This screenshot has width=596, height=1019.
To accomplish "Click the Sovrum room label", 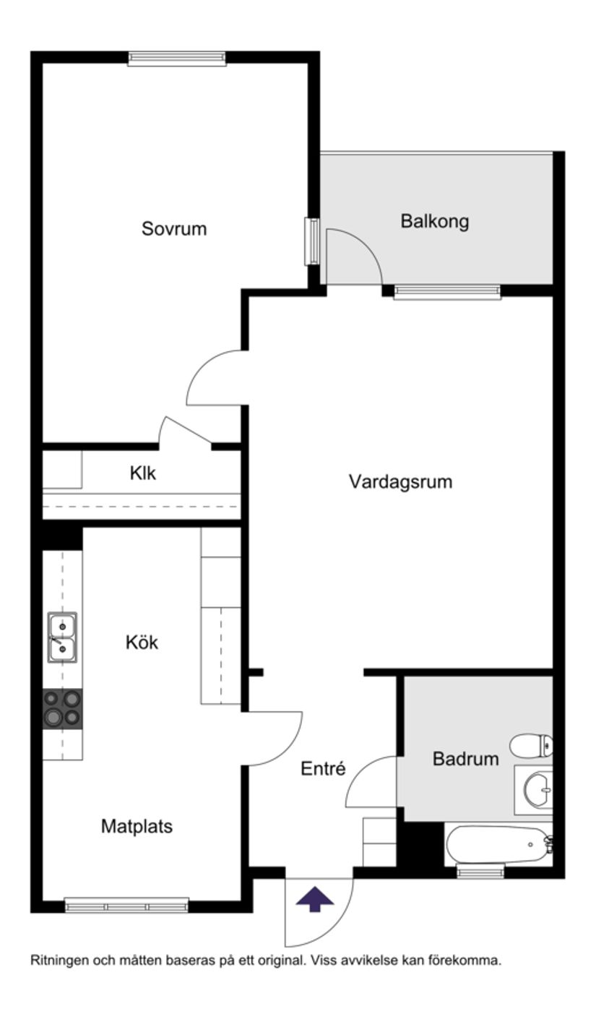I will pos(174,229).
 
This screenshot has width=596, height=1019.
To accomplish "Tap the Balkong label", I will pos(434,221).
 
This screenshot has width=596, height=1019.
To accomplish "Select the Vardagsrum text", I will pos(400,481).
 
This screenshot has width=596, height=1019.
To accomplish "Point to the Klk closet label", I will pos(142,473).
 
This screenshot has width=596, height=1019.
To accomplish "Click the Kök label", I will pos(142,642).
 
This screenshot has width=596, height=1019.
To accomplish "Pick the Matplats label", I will pos(137,826).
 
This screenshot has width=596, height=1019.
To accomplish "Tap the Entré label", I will pos(323,769).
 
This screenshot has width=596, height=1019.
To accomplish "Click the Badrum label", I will pos(465,759).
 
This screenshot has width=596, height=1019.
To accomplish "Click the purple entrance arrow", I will pos(315,899).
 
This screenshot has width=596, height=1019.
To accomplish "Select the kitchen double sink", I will pos(62,637).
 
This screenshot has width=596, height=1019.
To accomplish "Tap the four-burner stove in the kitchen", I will pos(62,708).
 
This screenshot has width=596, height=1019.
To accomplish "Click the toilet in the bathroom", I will pos(532,744).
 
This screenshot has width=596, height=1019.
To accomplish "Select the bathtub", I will pos(498,844).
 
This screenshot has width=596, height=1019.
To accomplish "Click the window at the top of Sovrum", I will pos(177,59).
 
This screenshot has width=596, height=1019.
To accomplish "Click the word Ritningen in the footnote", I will pos(59,961).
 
